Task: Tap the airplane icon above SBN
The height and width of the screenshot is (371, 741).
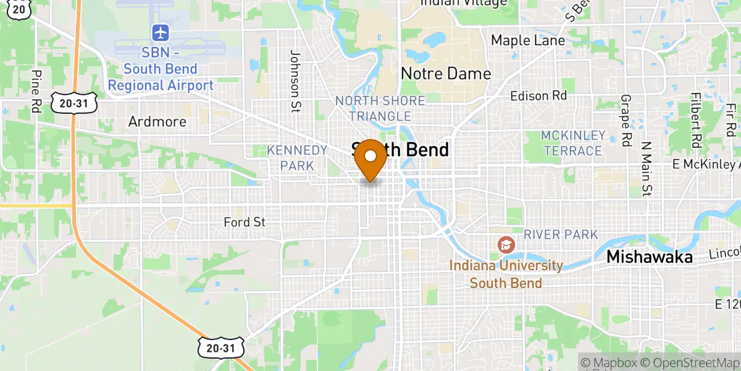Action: coord(161,32)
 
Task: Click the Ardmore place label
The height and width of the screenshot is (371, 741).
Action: coord(157,122)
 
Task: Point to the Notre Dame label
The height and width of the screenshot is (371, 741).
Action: coord(446,74)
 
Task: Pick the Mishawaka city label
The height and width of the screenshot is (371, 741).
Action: coord(650,257)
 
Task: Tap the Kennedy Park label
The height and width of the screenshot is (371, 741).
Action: coord(297,158)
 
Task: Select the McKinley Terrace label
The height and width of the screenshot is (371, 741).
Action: coord(572,143)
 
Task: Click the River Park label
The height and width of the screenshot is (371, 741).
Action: coord(561,234)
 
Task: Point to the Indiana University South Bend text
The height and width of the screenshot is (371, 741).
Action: coord(506,275)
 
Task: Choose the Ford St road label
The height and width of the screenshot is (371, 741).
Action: coord(245,222)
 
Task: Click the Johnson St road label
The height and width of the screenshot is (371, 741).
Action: coord(295,74)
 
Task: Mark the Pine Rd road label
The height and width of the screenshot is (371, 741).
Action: coord(36,91)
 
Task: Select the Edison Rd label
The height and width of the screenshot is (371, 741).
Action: coord(538,96)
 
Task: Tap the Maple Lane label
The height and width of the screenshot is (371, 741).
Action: coord(528,41)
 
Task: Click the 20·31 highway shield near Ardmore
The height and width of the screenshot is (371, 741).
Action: coord(74,104)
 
